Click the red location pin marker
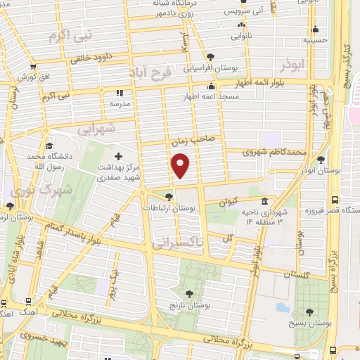(181, 166)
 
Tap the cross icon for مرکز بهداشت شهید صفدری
(117, 155)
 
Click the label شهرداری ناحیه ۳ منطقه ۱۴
(264, 216)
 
